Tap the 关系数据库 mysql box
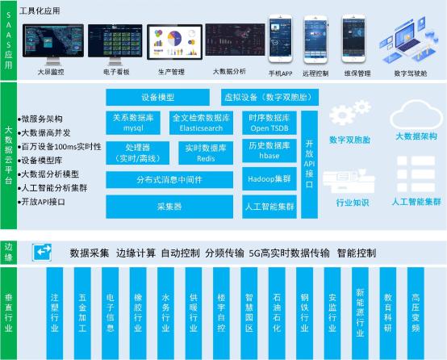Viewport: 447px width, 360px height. click(133, 123)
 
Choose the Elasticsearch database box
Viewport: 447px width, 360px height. click(201, 123)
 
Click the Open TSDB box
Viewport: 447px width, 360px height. click(269, 123)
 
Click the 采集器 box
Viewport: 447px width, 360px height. click(169, 207)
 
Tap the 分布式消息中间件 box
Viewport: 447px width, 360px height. click(169, 180)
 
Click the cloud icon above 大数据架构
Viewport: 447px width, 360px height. click(413, 118)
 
